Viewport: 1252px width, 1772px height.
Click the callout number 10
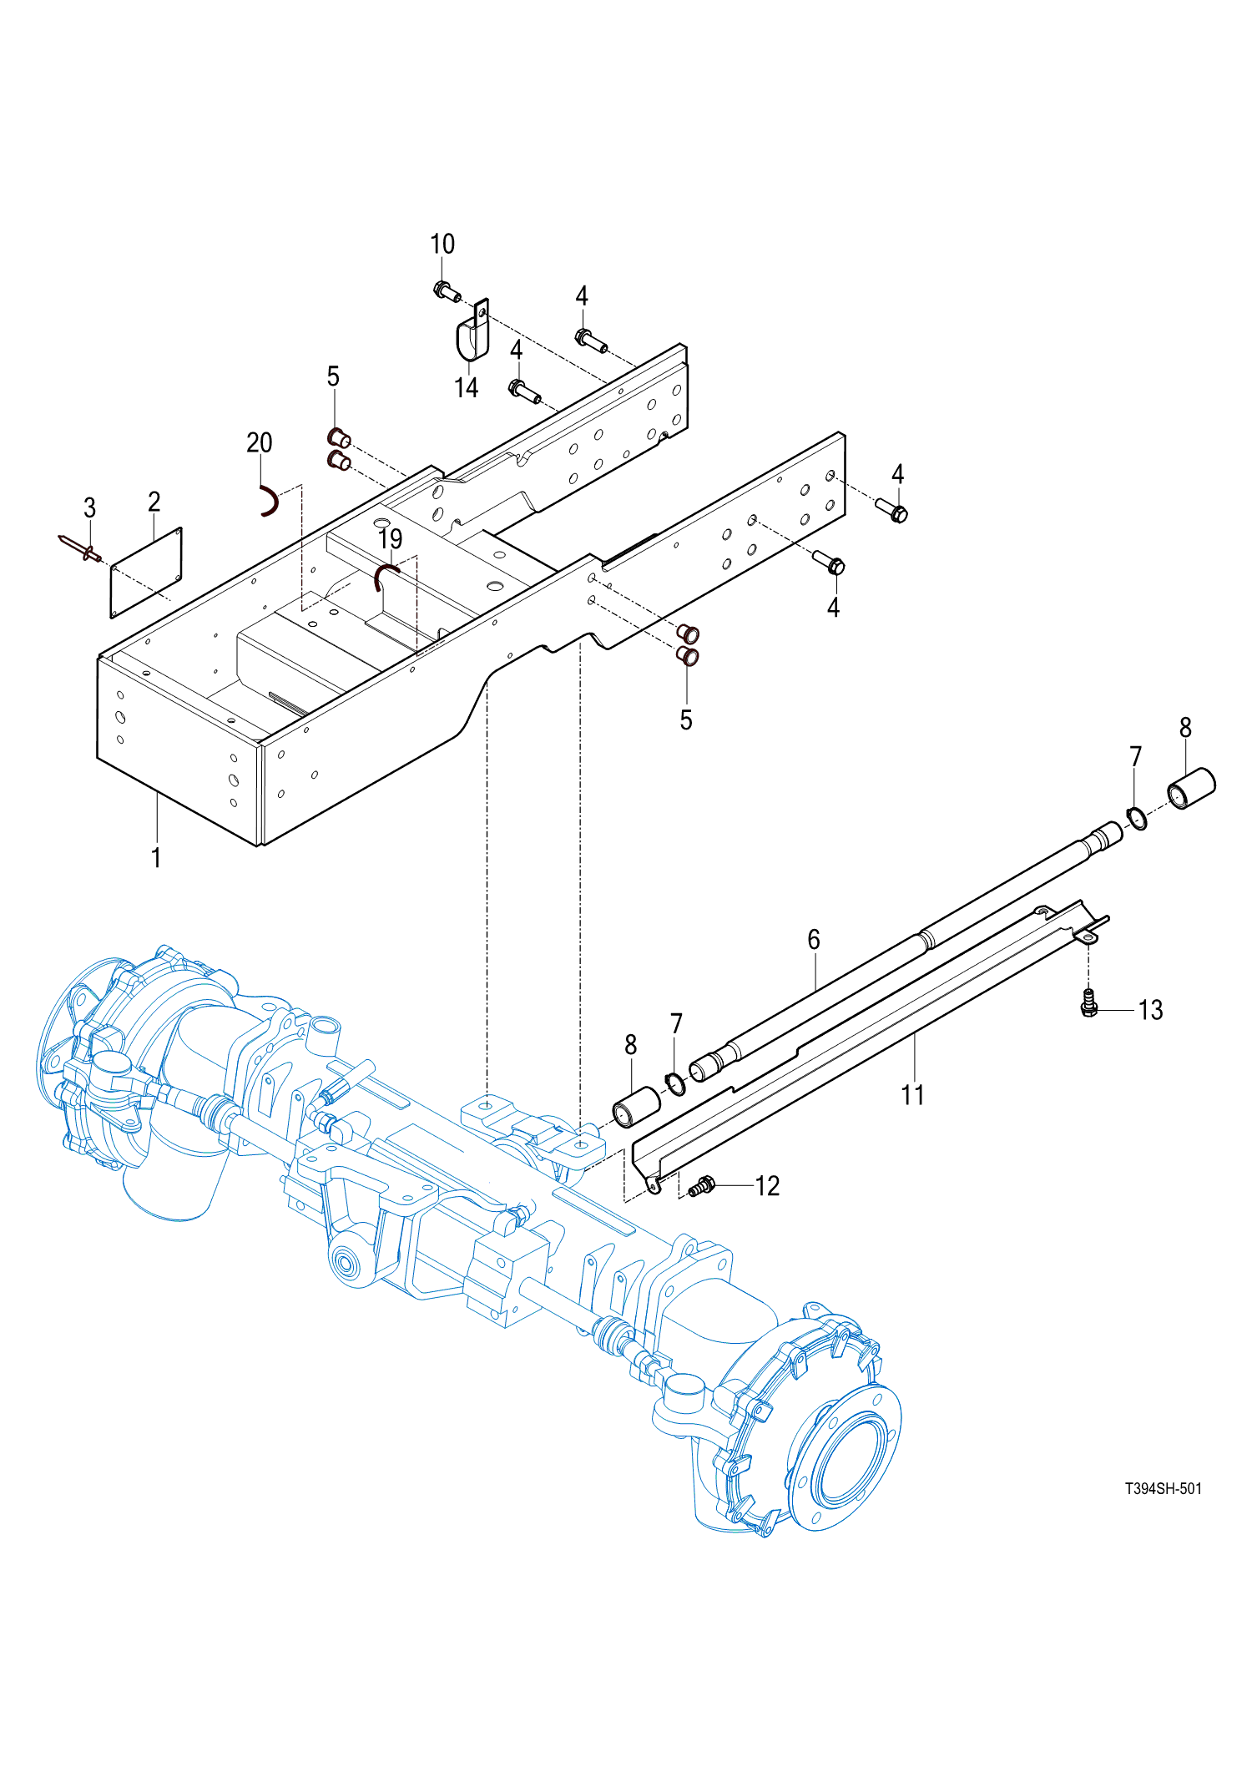pyautogui.click(x=442, y=244)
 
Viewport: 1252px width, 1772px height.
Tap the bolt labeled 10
pyautogui.click(x=446, y=291)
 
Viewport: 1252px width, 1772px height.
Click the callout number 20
pyautogui.click(x=260, y=442)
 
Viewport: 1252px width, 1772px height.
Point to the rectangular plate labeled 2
pyautogui.click(x=146, y=573)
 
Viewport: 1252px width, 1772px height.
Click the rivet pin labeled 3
pyautogui.click(x=81, y=548)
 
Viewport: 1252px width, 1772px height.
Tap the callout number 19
pyautogui.click(x=390, y=539)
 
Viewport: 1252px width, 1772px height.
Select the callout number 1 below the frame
pyautogui.click(x=156, y=857)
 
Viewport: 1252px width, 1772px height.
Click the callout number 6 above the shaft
pyautogui.click(x=814, y=940)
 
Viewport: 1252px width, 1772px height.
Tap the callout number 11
pyautogui.click(x=913, y=1094)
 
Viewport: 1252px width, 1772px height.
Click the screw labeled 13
pyautogui.click(x=1088, y=1003)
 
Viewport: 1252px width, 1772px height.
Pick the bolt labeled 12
pyautogui.click(x=701, y=1185)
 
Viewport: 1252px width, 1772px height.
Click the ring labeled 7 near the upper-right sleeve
pyautogui.click(x=1137, y=818)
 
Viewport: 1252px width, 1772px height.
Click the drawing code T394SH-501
pyautogui.click(x=1163, y=1488)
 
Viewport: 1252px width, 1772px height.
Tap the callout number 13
pyautogui.click(x=1150, y=1010)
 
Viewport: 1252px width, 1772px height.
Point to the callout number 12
pyautogui.click(x=767, y=1186)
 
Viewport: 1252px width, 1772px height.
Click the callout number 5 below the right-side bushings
pyautogui.click(x=686, y=719)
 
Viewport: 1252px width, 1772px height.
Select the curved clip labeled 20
pyautogui.click(x=269, y=501)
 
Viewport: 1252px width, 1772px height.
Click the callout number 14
pyautogui.click(x=466, y=387)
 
